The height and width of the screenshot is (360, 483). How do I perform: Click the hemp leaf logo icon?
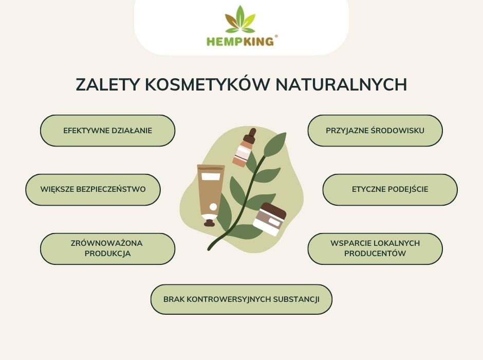pos(240,20)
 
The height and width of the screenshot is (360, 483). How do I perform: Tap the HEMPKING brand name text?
pos(240,41)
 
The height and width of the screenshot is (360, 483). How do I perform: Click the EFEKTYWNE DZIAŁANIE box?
pos(108,131)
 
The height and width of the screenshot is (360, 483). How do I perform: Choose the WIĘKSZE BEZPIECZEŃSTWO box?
pos(93,189)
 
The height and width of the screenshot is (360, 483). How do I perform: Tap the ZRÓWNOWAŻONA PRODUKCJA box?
pos(108,248)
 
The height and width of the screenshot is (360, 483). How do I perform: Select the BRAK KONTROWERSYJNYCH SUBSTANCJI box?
pos(242,299)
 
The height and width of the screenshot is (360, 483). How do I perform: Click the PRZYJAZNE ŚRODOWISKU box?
pos(375,131)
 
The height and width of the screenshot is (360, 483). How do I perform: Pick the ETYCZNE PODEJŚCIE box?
pos(390,189)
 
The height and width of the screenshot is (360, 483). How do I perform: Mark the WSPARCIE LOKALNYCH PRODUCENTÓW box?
pos(375,248)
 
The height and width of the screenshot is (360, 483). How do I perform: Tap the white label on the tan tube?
pos(211,177)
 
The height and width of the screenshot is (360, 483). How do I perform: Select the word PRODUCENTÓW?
pos(375,254)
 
